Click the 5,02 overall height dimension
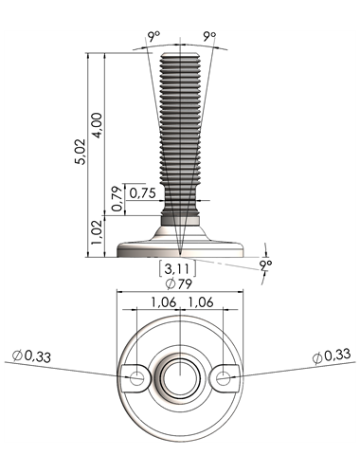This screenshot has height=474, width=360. [81, 151]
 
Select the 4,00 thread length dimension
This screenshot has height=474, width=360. [97, 125]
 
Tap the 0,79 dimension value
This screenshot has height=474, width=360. [117, 199]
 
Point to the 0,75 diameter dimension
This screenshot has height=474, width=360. [143, 193]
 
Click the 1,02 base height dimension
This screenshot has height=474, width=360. [97, 232]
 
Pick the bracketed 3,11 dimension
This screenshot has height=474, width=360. [177, 269]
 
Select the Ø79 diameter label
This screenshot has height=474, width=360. [179, 283]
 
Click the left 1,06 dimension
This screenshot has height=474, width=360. [164, 302]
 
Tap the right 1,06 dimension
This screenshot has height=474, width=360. [201, 302]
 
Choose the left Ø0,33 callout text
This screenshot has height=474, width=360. [31, 356]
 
